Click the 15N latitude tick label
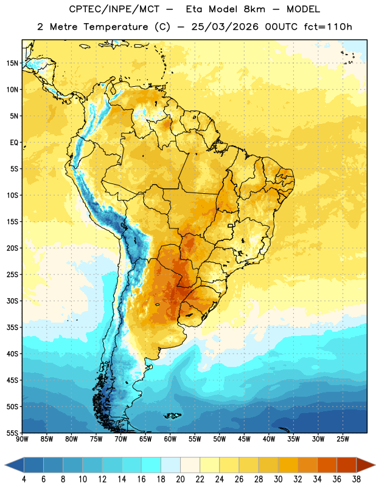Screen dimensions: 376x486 tap(12, 63)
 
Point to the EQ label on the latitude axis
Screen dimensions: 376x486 tap(14, 143)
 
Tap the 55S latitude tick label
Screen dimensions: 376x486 tap(12, 433)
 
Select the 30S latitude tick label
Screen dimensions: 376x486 tap(12, 301)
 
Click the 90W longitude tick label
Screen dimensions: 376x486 tap(22, 439)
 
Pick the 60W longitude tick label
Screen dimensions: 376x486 tap(170, 439)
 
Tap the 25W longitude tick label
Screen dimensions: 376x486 tap(343, 439)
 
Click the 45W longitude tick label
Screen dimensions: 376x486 tap(244, 439)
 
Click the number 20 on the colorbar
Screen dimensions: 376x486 tap(180, 479)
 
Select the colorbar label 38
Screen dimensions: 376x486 tap(357, 479)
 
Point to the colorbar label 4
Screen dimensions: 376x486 tap(24, 479)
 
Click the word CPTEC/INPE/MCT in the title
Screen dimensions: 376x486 tap(114, 9)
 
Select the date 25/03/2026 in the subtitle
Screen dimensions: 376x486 tap(225, 27)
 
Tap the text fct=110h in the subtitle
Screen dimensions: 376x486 tap(328, 27)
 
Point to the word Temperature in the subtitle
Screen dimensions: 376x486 tap(116, 27)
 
